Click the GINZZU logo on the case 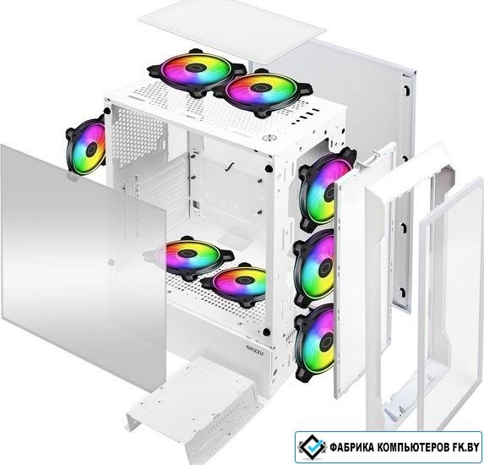255,350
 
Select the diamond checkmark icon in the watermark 312,446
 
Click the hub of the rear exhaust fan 91,150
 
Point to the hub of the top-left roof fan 195,68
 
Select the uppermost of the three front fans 327,189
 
